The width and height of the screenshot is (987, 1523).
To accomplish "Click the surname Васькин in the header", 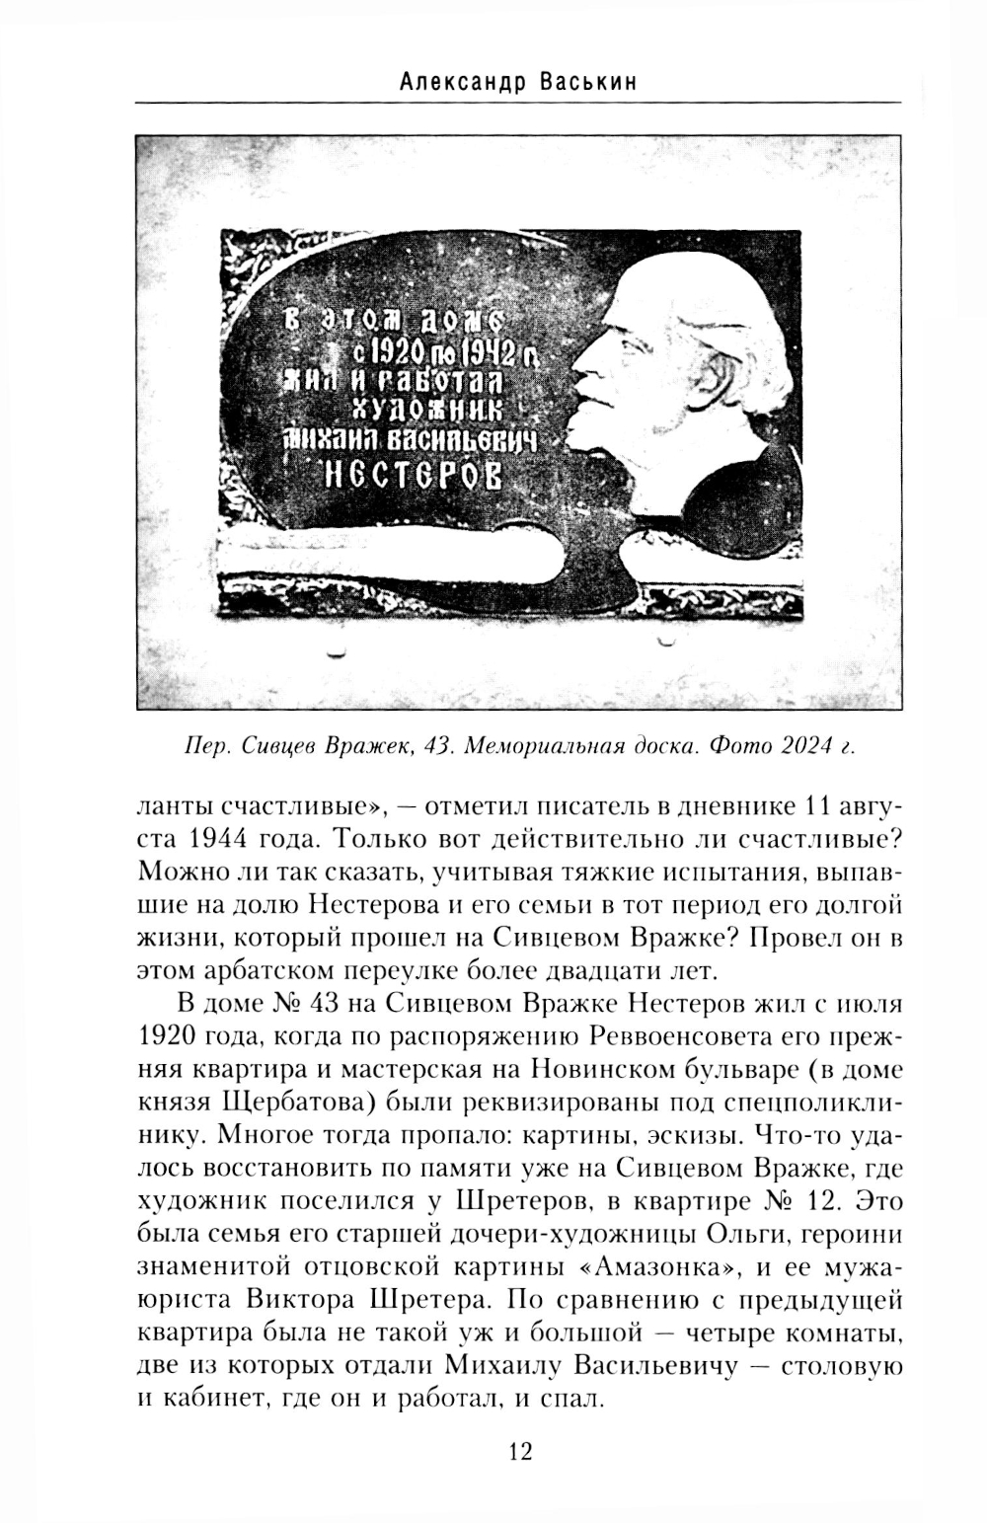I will tap(588, 82).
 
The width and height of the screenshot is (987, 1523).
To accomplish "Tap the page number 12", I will tap(519, 1451).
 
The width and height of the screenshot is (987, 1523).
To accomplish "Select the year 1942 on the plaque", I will tap(492, 348).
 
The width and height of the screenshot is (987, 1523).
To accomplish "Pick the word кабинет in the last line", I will tap(204, 1398).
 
